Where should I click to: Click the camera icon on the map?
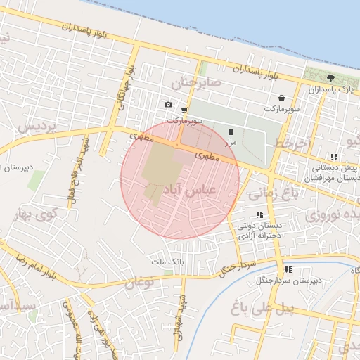(x=168, y=105)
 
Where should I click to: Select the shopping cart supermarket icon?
(x=184, y=110)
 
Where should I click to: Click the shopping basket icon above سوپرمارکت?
(x=281, y=98)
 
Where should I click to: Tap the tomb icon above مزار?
(x=231, y=132)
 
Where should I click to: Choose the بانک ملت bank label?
(x=167, y=261)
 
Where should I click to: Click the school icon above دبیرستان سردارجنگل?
(x=288, y=269)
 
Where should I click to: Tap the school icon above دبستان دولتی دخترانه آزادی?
(x=259, y=214)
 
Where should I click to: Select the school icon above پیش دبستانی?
(x=333, y=157)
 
